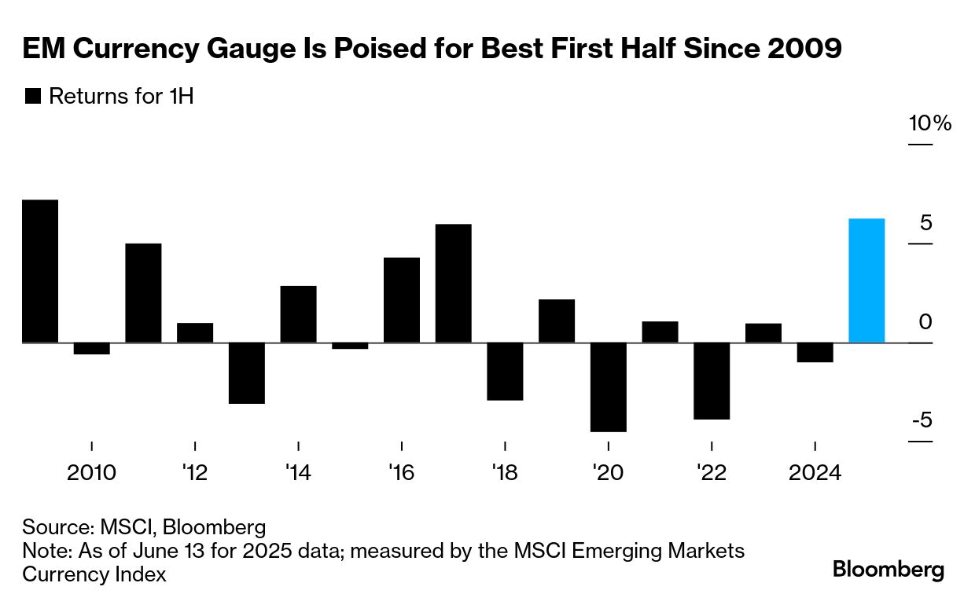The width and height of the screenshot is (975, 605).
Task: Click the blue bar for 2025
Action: pyautogui.click(x=866, y=280)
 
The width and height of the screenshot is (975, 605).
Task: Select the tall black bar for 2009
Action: pyautogui.click(x=40, y=271)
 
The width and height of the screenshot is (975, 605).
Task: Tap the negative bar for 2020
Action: pyautogui.click(x=609, y=387)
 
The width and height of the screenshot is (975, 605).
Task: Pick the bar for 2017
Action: pyautogui.click(x=454, y=284)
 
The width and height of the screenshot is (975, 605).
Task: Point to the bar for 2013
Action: pyautogui.click(x=247, y=373)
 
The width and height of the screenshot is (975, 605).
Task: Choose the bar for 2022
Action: pyautogui.click(x=712, y=381)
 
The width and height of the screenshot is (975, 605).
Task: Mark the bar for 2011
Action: pyautogui.click(x=143, y=293)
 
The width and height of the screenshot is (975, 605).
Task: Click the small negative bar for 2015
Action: pyautogui.click(x=350, y=346)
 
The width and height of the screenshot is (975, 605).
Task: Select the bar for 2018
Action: pyautogui.click(x=505, y=372)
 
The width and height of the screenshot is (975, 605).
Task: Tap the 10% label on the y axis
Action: pyautogui.click(x=930, y=124)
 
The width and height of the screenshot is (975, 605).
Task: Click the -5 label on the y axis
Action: pyautogui.click(x=922, y=420)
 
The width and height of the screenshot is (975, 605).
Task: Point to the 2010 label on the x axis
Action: pyautogui.click(x=92, y=473)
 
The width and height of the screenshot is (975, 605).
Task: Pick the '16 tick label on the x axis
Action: pyautogui.click(x=401, y=473)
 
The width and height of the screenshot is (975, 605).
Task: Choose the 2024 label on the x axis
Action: pyautogui.click(x=815, y=473)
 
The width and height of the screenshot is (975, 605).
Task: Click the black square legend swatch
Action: pyautogui.click(x=33, y=97)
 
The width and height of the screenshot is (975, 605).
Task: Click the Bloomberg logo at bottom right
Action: pyautogui.click(x=889, y=570)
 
